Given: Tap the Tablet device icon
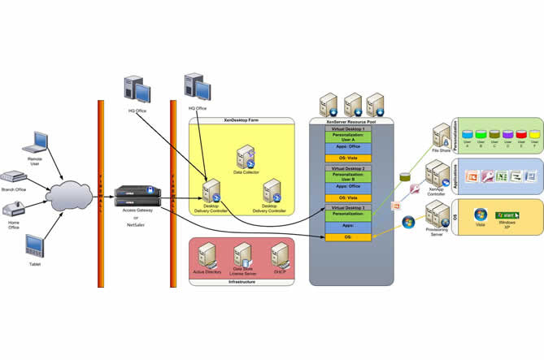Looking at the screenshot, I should click(x=34, y=245).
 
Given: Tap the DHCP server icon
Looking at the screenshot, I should click(x=281, y=254).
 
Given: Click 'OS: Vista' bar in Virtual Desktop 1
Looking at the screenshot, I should click(x=349, y=158).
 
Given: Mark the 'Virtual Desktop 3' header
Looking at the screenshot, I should click(x=349, y=208).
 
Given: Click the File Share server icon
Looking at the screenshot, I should click(x=443, y=136).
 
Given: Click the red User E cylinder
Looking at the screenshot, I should click(x=519, y=133).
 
